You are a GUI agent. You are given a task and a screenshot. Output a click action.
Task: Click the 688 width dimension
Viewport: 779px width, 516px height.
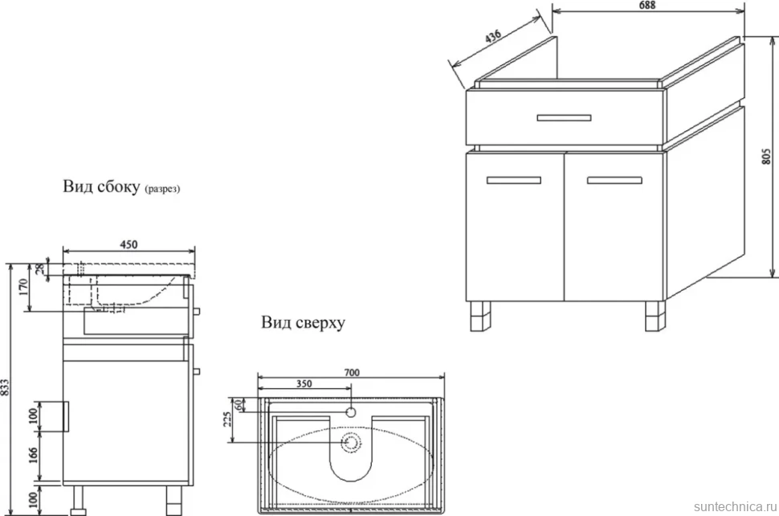coord(647,5)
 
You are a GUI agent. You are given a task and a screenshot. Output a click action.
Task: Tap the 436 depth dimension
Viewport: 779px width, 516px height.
coord(493,37)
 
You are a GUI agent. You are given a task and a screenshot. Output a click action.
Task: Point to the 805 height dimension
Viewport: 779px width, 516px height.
coord(767,157)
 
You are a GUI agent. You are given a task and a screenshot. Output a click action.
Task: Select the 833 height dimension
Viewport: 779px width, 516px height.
coord(5,387)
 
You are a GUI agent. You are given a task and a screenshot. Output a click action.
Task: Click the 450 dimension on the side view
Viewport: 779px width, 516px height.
coord(128,244)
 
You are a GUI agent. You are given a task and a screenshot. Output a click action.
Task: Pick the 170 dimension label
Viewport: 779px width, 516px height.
coord(22,288)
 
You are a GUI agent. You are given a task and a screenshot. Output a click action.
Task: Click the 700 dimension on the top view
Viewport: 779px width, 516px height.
coord(352,372)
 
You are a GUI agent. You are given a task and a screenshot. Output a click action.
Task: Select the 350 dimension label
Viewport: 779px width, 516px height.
coord(304,383)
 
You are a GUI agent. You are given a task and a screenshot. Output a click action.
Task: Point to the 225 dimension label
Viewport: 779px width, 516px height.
coord(227,420)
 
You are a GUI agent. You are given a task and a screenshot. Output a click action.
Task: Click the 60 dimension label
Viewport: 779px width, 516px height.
coord(239,404)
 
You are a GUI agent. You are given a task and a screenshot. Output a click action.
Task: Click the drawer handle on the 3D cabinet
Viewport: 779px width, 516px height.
coord(564,118)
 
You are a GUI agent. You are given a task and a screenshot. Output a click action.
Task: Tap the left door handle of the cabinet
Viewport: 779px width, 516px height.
coord(514,181)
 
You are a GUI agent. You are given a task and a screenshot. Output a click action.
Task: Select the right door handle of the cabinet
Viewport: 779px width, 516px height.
coord(614,180)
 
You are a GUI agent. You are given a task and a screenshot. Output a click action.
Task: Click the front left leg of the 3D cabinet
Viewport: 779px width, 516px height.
coord(480,316)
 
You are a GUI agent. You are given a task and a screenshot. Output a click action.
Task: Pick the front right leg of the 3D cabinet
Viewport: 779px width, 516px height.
coord(655,316)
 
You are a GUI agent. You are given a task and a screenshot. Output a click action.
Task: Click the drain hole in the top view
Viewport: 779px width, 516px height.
coord(351,442)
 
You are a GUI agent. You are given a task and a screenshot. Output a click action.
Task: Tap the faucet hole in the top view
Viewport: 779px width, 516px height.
coord(351,412)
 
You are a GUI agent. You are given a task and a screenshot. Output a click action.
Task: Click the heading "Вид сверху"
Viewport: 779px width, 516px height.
coord(303,323)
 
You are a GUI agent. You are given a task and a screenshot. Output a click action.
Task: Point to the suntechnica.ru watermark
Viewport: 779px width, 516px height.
coord(735,506)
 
